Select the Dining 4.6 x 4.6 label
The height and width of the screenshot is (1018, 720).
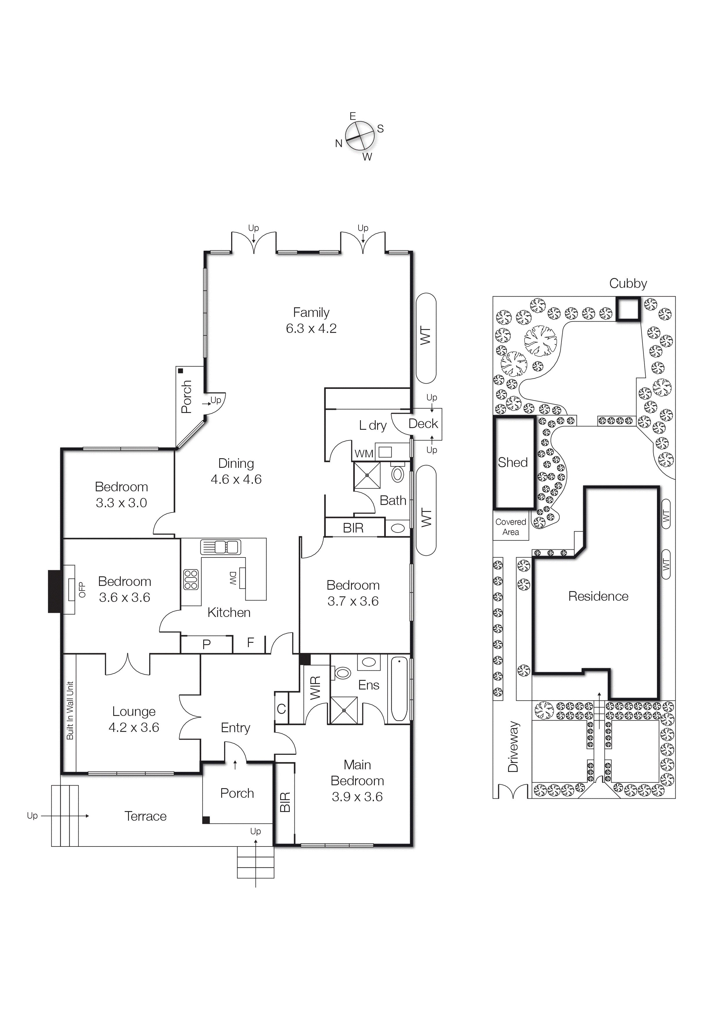[x=236, y=471]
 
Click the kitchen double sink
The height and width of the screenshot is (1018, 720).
[x=221, y=547]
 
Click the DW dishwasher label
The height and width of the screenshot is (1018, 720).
[x=233, y=578]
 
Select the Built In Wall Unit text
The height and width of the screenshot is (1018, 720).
[x=70, y=710]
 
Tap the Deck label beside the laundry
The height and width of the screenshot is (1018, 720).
[x=423, y=424]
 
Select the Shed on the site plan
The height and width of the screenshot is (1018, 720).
[x=514, y=463]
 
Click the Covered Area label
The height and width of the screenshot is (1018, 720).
[x=511, y=527]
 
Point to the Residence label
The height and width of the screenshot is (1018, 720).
[x=598, y=596]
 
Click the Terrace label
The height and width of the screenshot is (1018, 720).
[x=145, y=816]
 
